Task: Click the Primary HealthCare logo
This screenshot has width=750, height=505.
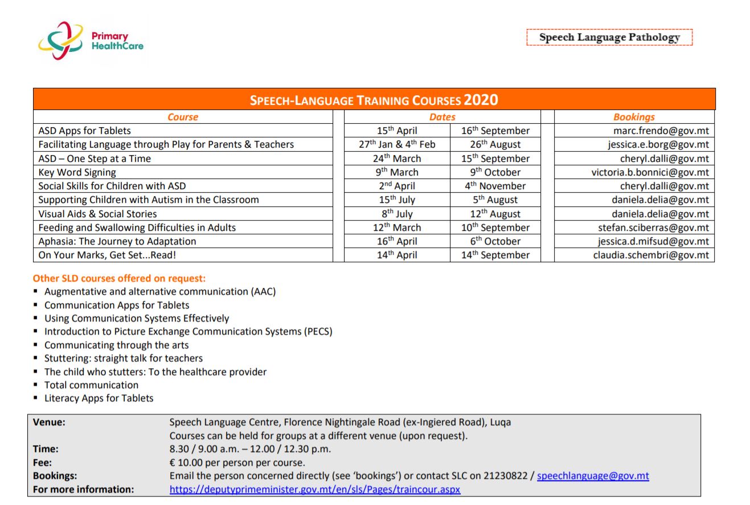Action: [91, 41]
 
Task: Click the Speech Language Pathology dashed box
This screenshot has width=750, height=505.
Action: [609, 38]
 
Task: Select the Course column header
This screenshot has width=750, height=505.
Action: [183, 117]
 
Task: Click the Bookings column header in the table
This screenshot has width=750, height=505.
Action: [634, 117]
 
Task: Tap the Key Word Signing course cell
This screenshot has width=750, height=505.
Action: [77, 172]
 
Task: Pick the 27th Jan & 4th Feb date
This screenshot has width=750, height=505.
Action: [397, 145]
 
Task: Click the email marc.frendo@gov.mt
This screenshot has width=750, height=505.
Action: [661, 131]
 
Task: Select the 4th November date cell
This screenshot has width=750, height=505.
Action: [495, 186]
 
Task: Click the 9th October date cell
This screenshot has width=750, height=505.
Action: [495, 172]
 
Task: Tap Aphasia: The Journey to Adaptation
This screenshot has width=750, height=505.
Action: [117, 241]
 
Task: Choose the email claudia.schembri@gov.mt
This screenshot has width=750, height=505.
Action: [651, 255]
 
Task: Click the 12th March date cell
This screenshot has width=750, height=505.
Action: [397, 227]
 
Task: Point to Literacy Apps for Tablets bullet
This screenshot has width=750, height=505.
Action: [99, 398]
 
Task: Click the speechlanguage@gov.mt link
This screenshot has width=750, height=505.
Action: [593, 476]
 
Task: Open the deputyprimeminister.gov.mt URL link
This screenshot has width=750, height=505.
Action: [315, 490]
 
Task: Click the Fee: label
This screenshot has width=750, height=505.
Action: [42, 462]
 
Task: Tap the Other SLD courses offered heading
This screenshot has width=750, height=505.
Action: [119, 279]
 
